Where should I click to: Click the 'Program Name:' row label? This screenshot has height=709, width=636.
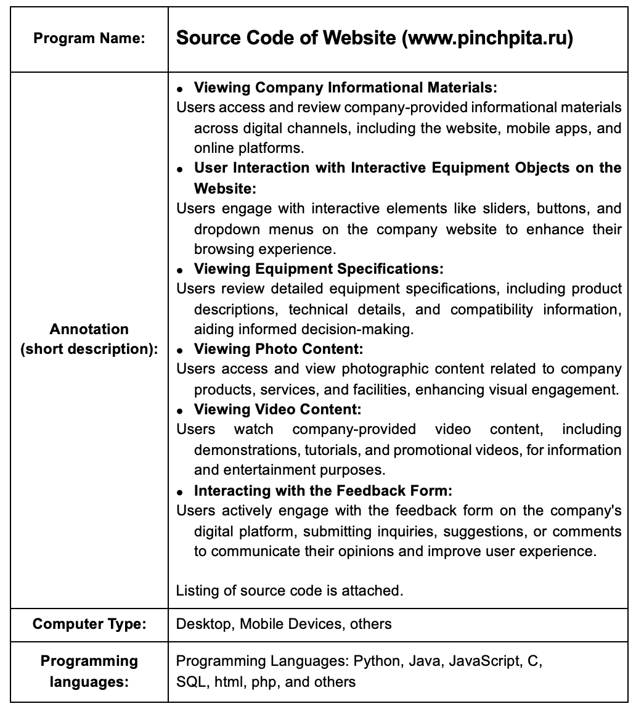89,39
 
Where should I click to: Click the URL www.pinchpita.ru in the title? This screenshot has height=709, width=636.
486,38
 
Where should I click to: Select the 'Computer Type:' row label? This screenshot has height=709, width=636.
89,623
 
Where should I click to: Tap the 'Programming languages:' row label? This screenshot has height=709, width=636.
89,671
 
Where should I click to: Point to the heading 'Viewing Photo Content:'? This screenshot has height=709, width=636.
279,349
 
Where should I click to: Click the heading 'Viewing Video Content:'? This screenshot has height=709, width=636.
277,409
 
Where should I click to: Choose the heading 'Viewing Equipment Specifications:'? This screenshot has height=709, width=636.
319,269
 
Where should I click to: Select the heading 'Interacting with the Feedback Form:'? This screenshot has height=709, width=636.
323,491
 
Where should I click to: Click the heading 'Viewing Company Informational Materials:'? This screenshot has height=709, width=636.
345,88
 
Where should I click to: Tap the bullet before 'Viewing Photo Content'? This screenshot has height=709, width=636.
180,350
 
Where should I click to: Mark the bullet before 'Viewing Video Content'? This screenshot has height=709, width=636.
180,411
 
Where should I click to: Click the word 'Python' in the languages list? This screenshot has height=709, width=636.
377,662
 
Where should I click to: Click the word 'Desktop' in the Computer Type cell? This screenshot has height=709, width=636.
203,624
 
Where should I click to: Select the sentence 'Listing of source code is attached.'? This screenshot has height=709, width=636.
290,591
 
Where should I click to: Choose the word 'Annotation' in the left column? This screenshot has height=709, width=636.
89,329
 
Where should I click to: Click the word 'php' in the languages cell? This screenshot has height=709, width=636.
262,682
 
